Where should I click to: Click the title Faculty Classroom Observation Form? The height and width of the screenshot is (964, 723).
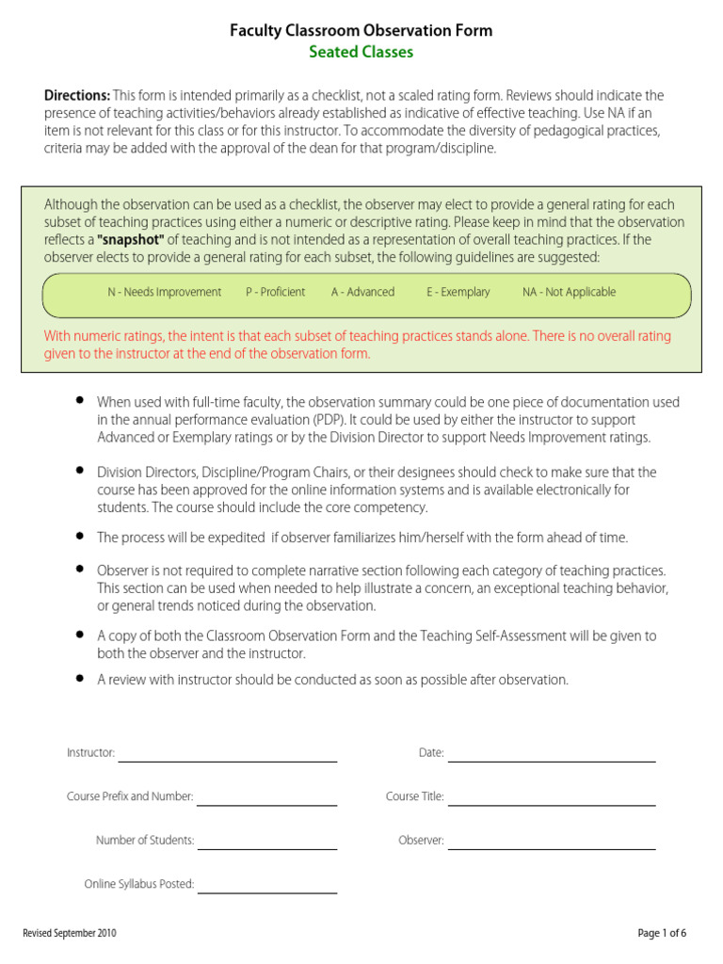[361, 31]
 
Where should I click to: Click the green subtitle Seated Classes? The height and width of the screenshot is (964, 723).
[361, 53]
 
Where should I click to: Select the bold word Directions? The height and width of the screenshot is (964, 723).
[77, 95]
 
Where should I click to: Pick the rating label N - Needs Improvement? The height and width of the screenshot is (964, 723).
[164, 293]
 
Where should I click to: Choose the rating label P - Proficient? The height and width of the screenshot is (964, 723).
[275, 293]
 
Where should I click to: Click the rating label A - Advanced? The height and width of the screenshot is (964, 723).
[362, 293]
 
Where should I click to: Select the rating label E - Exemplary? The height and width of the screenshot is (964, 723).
[458, 293]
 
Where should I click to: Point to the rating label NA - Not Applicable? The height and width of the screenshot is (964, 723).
[569, 293]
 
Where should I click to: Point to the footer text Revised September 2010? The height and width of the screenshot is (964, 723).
[70, 934]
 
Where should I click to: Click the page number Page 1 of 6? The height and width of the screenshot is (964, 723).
[662, 934]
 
